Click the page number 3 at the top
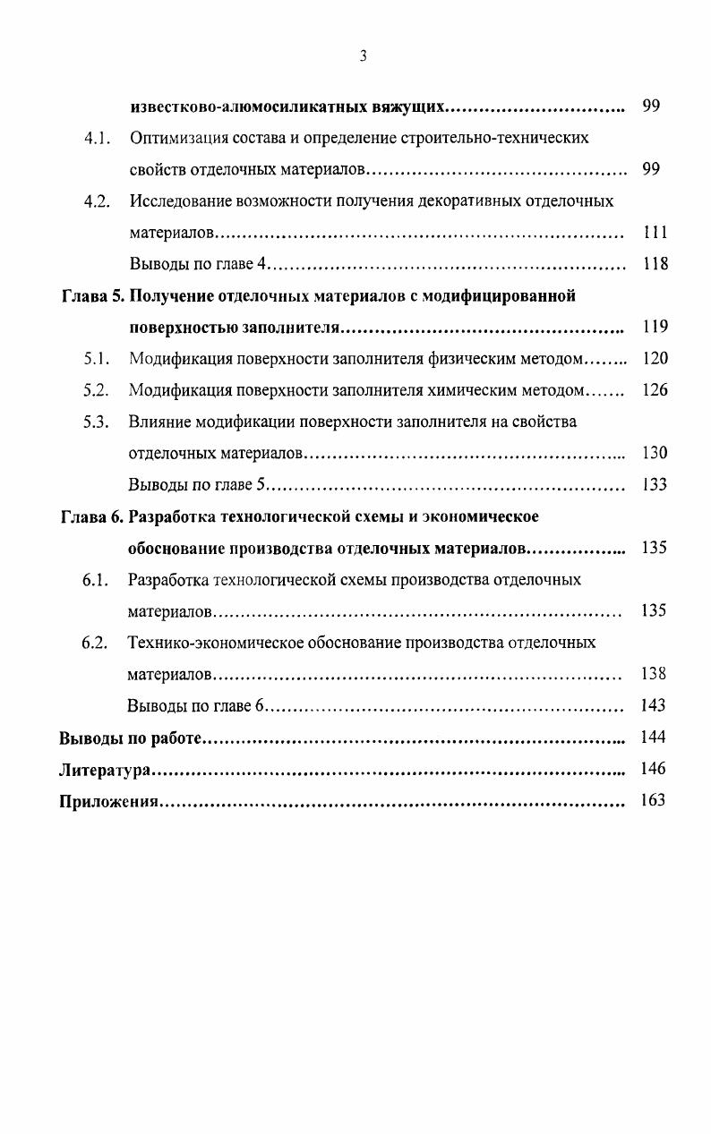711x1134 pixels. (364, 56)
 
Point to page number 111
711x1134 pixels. (655, 233)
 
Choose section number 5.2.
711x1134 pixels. (96, 390)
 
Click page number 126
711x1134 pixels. (655, 390)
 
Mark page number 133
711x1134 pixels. (655, 485)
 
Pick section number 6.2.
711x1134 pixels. (95, 643)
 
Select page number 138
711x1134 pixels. (655, 674)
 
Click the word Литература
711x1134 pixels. (104, 769)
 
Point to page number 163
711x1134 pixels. (655, 800)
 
